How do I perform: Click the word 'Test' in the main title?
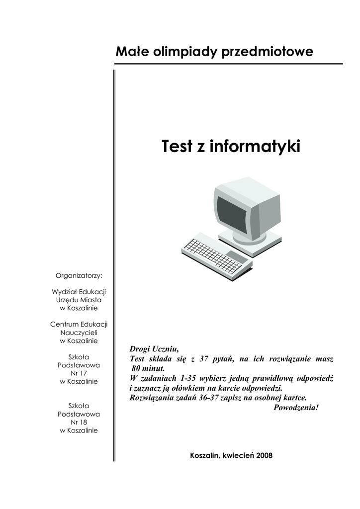(x=177, y=147)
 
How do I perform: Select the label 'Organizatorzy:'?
(x=79, y=275)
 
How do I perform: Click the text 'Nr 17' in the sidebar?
(x=79, y=373)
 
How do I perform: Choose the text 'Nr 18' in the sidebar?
(x=79, y=422)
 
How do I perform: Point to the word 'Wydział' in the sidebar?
(x=63, y=292)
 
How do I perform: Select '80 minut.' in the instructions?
(x=148, y=368)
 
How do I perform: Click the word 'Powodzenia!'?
(x=296, y=408)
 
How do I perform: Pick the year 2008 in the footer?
(x=265, y=455)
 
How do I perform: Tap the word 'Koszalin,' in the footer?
(x=205, y=455)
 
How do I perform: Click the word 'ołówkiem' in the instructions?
(x=175, y=388)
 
